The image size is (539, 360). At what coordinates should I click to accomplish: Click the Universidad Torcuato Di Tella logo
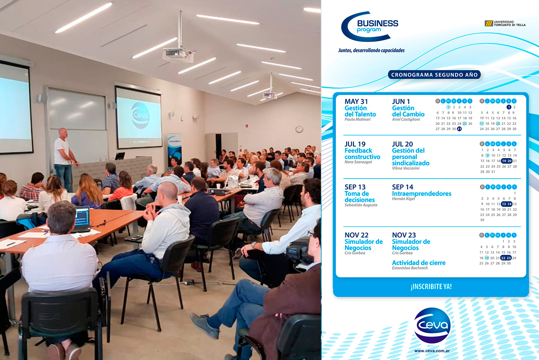[505, 23]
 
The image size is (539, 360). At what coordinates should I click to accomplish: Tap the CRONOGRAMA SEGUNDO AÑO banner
[434, 74]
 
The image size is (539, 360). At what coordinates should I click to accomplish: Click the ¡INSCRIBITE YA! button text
[431, 286]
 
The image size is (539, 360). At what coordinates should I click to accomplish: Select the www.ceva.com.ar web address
[432, 351]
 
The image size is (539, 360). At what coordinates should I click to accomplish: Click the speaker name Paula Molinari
[357, 119]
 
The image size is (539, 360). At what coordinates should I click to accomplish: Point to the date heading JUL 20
[402, 144]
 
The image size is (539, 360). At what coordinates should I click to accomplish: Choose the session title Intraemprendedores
[422, 193]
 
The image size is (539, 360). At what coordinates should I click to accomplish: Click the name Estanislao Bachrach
[410, 268]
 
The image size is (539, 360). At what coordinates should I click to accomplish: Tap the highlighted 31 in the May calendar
[459, 129]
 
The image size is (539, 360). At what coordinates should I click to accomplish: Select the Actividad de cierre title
[419, 263]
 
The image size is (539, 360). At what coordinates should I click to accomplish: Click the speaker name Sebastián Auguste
[361, 205]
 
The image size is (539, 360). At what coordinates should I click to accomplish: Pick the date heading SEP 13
[355, 187]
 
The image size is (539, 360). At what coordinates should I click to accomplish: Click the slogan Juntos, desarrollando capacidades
[371, 50]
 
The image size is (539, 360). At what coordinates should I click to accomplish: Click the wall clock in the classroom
[299, 129]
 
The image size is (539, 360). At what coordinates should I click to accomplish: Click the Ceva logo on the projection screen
[140, 116]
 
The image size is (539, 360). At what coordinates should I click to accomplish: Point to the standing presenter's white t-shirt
[62, 152]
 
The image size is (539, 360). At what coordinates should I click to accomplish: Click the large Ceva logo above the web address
[432, 325]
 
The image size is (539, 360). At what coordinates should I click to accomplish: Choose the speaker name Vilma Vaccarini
[406, 168]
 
